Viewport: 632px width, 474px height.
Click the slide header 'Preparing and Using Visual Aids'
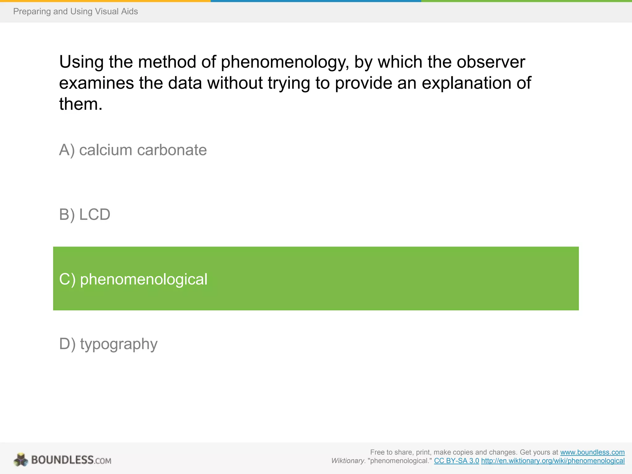tap(75, 11)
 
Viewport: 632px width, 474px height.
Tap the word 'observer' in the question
tap(491, 62)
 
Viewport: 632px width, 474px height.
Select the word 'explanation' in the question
tap(468, 83)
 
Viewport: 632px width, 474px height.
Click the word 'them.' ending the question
tap(81, 104)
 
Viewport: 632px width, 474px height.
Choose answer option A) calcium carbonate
tap(133, 150)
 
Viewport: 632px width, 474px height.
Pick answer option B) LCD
tap(85, 214)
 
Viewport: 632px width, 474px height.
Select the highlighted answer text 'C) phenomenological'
tap(133, 279)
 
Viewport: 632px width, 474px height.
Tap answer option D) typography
tap(108, 344)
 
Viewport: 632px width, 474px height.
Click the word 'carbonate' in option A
tap(172, 150)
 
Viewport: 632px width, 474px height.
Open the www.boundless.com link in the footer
tap(592, 452)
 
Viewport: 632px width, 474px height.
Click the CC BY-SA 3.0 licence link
tap(456, 461)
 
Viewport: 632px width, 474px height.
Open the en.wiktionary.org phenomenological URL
tap(553, 461)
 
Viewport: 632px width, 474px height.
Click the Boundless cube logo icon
tap(21, 460)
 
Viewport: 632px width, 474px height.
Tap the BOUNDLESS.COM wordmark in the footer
tap(71, 460)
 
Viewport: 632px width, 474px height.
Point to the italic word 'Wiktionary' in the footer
tap(348, 461)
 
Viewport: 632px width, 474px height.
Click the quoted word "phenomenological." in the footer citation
tap(400, 461)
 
